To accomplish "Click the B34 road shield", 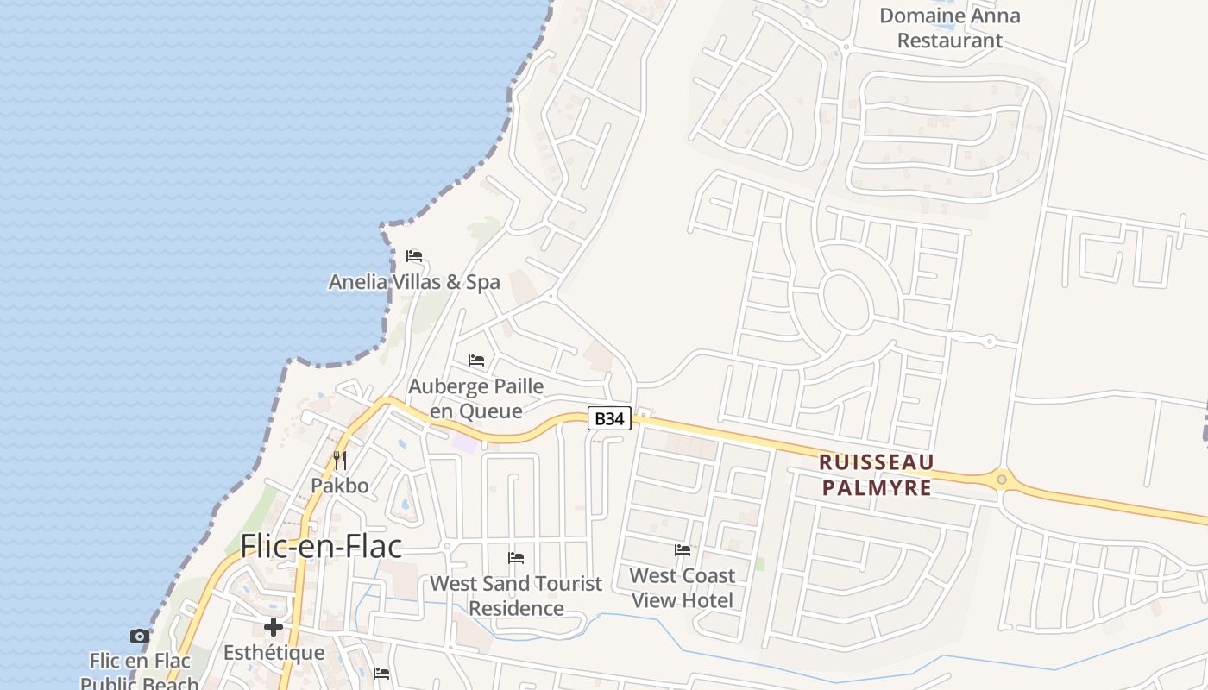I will click(x=610, y=418).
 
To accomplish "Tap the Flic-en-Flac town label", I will click(x=321, y=546).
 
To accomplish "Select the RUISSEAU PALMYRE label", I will click(x=877, y=475).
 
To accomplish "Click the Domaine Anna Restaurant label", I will click(x=949, y=28).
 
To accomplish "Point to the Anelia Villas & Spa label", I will click(x=414, y=282).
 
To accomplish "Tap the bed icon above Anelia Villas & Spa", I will click(x=414, y=256).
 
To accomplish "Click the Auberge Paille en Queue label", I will click(x=476, y=398).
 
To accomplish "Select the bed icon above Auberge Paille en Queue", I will click(x=476, y=360).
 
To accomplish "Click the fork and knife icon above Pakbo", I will click(x=340, y=461).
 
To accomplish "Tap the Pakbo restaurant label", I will click(x=340, y=486).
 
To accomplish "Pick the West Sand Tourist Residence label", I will click(x=516, y=596).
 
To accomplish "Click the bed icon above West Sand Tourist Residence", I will click(x=516, y=558).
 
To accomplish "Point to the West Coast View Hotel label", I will click(x=683, y=587).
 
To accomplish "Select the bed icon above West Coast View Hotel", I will click(x=683, y=549).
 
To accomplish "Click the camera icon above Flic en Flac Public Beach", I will click(x=140, y=636).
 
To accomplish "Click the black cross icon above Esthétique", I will click(x=274, y=627).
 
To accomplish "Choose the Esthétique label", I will click(x=274, y=653).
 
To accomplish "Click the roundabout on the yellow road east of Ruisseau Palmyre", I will click(x=1002, y=479).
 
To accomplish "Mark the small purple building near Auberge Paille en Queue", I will click(x=465, y=442).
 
